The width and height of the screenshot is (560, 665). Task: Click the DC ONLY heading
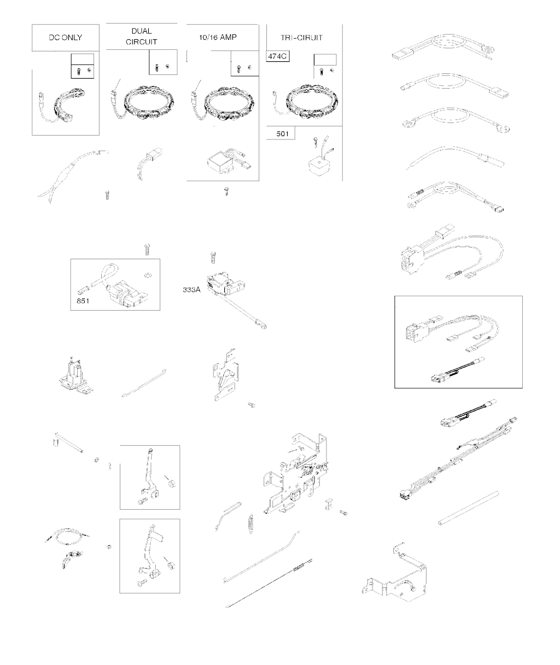[65, 38]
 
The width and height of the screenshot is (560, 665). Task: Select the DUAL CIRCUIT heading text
[142, 36]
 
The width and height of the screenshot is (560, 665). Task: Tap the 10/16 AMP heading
[218, 37]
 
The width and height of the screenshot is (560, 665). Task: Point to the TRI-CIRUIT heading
[301, 38]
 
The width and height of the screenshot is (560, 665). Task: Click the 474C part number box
[278, 56]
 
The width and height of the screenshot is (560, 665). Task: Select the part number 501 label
[282, 134]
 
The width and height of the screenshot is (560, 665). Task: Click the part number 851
[83, 301]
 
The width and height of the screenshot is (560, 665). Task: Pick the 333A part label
[191, 289]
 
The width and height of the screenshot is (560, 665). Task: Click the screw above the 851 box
[147, 249]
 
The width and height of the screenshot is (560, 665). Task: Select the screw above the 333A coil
[213, 258]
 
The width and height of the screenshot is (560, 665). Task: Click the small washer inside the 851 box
[148, 274]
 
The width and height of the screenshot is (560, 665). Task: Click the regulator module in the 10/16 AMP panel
[221, 163]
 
